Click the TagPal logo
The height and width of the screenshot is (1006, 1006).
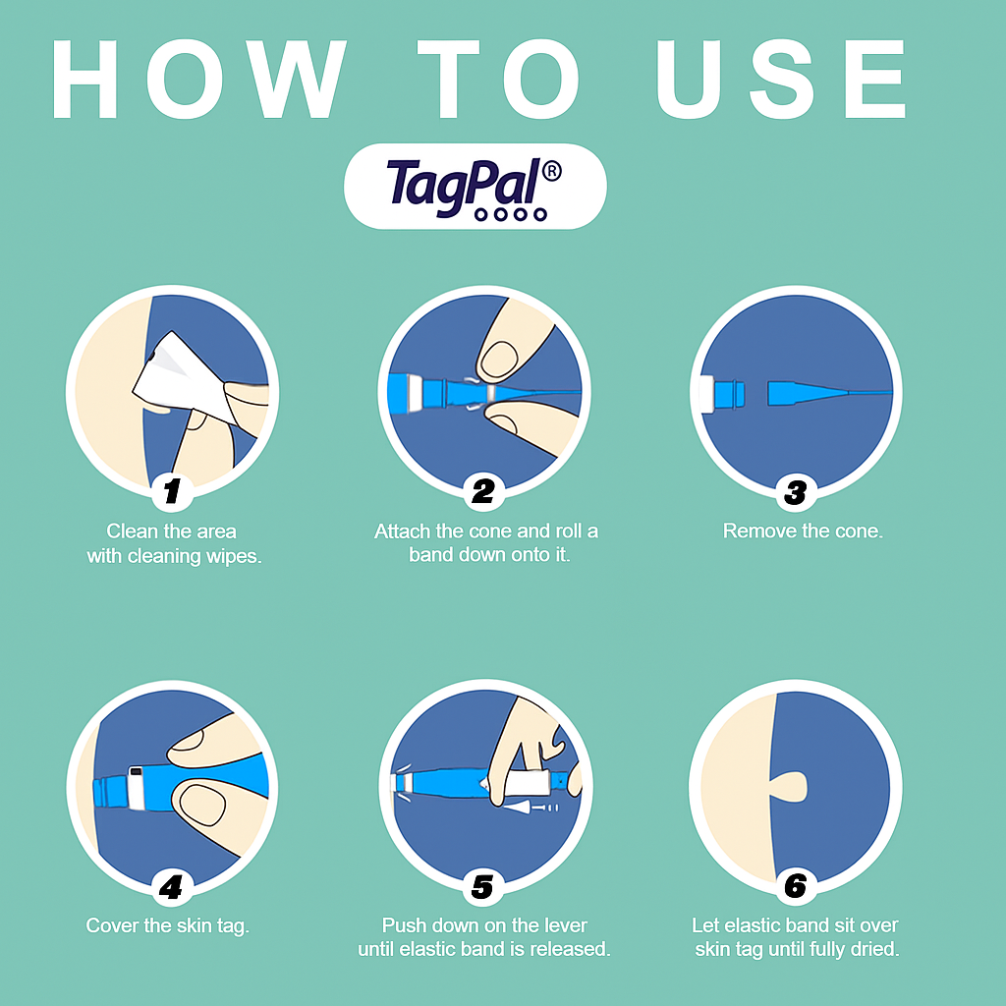pos(475,186)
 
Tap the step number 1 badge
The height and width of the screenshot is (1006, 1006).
pos(172,491)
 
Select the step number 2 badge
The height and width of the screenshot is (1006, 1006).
pos(483,491)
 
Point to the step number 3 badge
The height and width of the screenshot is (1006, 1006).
pos(796,492)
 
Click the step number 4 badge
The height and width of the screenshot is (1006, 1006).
pos(171,887)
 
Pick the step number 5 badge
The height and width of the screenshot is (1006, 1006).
pos(482,887)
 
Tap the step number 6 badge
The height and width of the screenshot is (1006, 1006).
pos(796,886)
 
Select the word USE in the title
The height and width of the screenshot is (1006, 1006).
pos(781,79)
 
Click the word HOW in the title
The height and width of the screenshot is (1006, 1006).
pos(198,79)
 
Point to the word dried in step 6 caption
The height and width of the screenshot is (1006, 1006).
pos(876,949)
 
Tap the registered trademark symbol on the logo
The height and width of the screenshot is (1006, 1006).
pos(551,171)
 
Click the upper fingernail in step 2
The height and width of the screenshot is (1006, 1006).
pos(499,360)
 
